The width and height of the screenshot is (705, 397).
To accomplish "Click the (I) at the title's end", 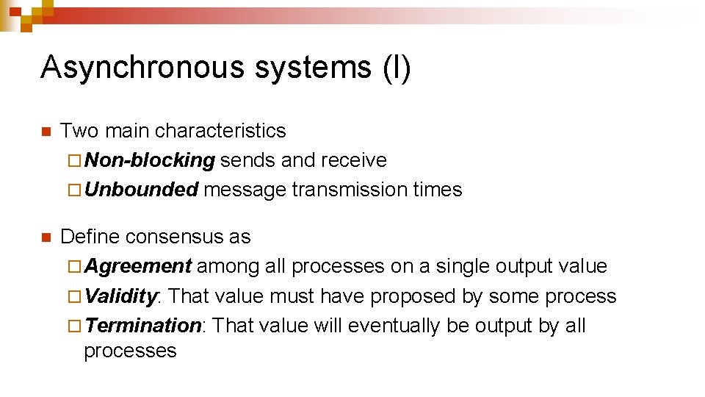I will pos(397,67).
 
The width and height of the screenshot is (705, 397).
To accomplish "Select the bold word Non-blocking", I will pos(150,160).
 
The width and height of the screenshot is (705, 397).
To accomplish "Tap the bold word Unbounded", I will pos(142,190).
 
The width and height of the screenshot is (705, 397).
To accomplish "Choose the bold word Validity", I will pos(121,296).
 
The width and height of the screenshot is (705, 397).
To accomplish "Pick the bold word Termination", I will pos(143,326).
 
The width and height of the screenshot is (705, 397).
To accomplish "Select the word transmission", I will pos(350,190).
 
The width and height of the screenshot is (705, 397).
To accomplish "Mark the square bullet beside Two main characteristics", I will pos(46,132).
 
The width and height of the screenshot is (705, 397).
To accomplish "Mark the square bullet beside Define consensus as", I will pos(46,238).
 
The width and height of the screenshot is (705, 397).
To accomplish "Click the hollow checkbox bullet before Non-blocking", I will pos(77,161).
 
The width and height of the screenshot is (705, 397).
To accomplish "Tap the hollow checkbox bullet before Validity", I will pos(77,297).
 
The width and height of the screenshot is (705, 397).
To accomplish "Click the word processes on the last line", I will pos(130,351).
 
